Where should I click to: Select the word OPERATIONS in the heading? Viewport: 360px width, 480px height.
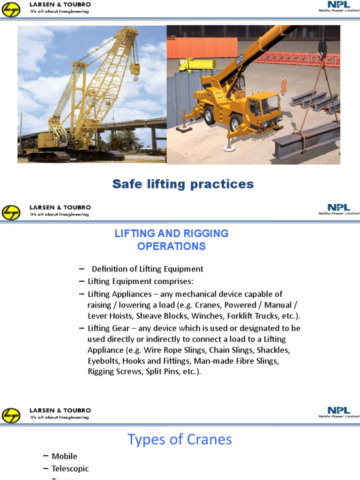172,246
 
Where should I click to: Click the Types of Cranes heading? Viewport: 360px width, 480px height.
180,439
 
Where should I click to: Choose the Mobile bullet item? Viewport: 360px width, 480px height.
64,456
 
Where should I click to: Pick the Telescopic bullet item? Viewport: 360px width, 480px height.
70,468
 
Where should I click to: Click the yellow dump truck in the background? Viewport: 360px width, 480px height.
197,64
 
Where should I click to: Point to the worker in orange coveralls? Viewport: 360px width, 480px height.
284,86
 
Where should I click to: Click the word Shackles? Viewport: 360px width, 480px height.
273,350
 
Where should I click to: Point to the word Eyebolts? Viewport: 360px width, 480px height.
103,360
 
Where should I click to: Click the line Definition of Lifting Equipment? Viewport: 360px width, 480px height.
147,269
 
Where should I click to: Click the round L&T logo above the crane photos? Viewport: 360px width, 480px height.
11,9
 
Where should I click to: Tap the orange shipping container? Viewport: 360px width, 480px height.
202,47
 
